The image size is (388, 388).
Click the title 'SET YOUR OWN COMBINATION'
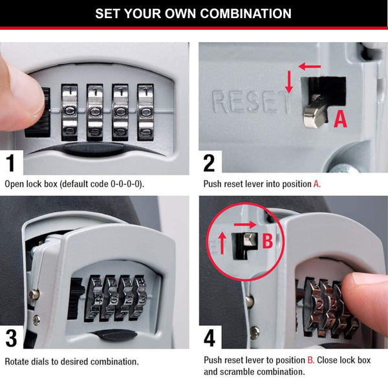193,14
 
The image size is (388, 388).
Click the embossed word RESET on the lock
249,101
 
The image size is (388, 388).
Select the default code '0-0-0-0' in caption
121,184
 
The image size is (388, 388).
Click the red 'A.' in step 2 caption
317,184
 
